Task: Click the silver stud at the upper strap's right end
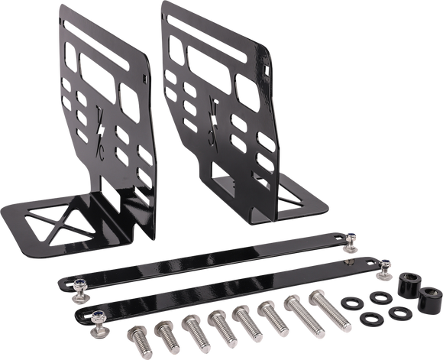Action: click(x=352, y=242)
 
